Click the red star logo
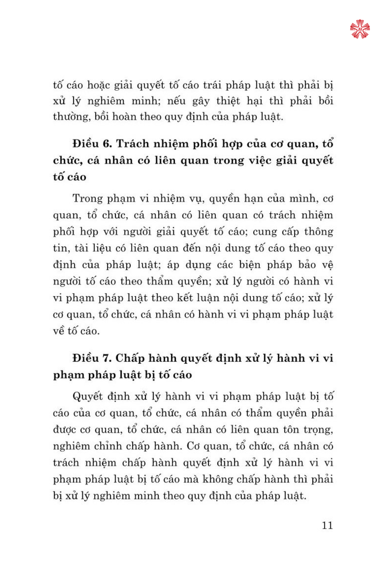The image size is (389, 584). [360, 29]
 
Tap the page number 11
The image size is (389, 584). [327, 525]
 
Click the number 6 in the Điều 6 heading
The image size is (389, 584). [107, 144]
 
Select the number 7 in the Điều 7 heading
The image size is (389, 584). [107, 358]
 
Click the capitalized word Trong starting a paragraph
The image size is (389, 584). [88, 199]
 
